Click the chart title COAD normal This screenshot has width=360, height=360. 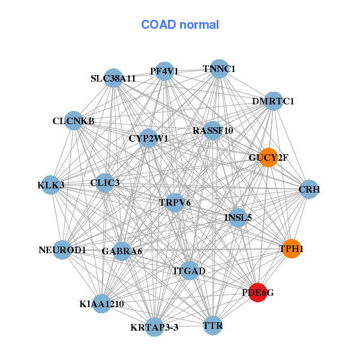(x=180, y=25)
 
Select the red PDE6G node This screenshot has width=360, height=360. (x=257, y=293)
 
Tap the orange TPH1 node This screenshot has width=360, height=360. (x=291, y=248)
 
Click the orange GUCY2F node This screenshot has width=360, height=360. (x=268, y=157)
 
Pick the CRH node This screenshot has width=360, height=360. (x=308, y=190)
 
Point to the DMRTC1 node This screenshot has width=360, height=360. (x=273, y=101)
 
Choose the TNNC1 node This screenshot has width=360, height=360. (x=219, y=69)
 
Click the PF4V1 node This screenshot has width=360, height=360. (x=164, y=71)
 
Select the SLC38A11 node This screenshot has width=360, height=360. (x=113, y=78)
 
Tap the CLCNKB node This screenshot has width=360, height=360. (x=73, y=121)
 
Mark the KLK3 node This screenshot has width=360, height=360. (x=51, y=185)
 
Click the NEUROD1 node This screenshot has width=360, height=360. (x=62, y=250)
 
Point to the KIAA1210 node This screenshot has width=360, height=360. (x=101, y=304)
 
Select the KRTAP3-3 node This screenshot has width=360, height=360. (x=155, y=327)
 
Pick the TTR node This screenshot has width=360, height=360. (x=213, y=326)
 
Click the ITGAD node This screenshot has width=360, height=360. (x=190, y=271)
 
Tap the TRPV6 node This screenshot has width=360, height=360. (x=175, y=202)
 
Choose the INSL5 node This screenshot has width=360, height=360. (x=238, y=217)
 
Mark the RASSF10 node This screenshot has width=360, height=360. (x=213, y=130)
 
